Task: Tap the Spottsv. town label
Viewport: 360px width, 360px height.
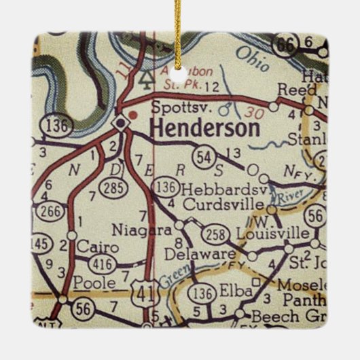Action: click(173, 107)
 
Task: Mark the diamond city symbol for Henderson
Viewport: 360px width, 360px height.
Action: click(121, 122)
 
